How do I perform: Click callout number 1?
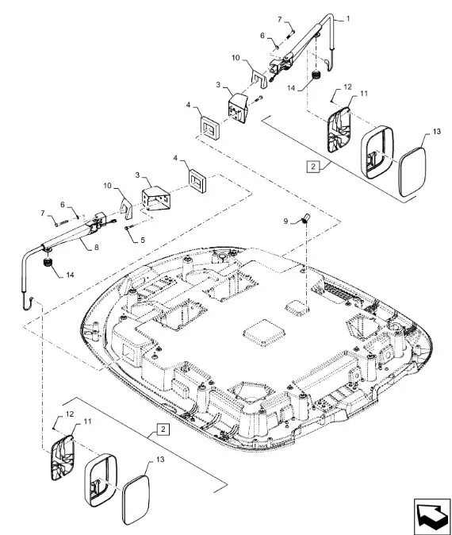pyautogui.click(x=347, y=18)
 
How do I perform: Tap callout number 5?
pyautogui.click(x=143, y=240)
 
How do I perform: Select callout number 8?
pyautogui.click(x=97, y=247)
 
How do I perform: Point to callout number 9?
pyautogui.click(x=285, y=221)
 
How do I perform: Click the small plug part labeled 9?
pyautogui.click(x=305, y=217)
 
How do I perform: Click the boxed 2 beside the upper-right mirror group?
pyautogui.click(x=313, y=167)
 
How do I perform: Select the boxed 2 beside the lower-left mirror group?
pyautogui.click(x=163, y=429)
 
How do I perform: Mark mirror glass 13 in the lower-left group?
pyautogui.click(x=136, y=499)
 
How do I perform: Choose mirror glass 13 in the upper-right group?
pyautogui.click(x=412, y=172)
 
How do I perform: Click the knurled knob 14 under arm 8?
pyautogui.click(x=48, y=263)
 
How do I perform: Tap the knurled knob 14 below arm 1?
pyautogui.click(x=316, y=75)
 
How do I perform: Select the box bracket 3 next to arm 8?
pyautogui.click(x=155, y=198)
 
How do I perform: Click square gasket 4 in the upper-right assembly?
pyautogui.click(x=209, y=127)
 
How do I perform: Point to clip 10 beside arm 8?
pyautogui.click(x=127, y=208)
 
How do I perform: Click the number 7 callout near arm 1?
pyautogui.click(x=279, y=20)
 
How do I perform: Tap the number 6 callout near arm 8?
pyautogui.click(x=63, y=204)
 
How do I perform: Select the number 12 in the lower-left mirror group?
pyautogui.click(x=69, y=414)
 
